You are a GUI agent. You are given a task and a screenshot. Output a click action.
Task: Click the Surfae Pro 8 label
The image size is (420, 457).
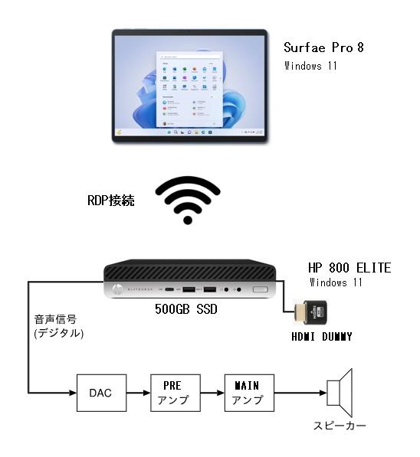tap(323, 47)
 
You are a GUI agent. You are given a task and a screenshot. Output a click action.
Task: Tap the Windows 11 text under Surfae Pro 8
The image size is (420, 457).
tap(310, 66)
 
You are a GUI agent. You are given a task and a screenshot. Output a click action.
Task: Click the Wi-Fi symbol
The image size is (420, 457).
tap(188, 201)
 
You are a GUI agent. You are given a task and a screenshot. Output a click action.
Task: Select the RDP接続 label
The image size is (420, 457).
tap(111, 201)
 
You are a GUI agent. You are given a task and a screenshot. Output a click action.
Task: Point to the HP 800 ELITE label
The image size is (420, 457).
tap(349, 268)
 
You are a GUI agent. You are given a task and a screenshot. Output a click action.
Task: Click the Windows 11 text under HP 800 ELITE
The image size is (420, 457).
tap(336, 282)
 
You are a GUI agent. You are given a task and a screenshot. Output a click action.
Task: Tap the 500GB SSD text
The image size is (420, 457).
tap(186, 309)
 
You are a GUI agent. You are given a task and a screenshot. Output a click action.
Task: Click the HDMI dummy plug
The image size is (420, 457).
tap(310, 312)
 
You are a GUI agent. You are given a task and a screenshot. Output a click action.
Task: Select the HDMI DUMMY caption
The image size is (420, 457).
tap(322, 337)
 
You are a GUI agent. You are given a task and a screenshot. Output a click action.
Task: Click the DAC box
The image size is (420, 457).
tap(101, 393)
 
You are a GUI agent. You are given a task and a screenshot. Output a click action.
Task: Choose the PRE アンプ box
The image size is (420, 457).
tap(176, 393)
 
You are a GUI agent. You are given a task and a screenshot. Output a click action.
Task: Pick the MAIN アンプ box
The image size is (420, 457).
tap(249, 393)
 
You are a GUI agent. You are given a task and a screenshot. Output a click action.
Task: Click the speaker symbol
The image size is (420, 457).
tap(340, 393)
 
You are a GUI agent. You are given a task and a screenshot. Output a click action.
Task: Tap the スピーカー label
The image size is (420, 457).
tap(340, 426)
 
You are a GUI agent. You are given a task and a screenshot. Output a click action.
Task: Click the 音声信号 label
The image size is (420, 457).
tap(55, 319)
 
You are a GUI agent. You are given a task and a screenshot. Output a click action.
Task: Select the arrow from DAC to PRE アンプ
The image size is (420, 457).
tap(139, 393)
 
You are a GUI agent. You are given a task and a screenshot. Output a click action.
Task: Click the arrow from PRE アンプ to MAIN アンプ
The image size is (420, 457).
tap(212, 393)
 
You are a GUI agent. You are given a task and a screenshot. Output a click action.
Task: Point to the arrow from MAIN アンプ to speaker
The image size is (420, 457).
tap(300, 393)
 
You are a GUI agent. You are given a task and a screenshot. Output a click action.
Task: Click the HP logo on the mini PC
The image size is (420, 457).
tap(117, 289)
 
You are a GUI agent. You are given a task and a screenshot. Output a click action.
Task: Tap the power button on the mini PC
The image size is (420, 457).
tap(260, 289)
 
